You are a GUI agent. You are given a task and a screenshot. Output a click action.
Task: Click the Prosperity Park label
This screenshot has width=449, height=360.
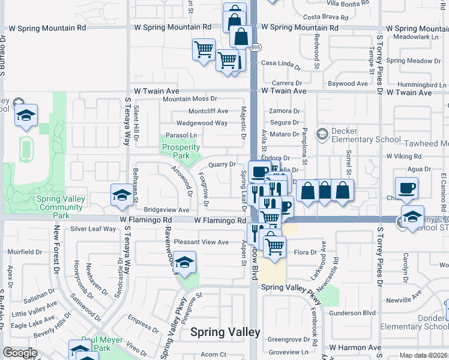click(x=181, y=151)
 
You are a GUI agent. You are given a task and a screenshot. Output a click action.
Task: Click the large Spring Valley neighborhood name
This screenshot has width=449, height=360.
click(x=225, y=332)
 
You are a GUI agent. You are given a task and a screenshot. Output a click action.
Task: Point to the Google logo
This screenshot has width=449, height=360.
click(x=20, y=353)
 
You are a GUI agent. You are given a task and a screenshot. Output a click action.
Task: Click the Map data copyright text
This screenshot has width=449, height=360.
click(x=424, y=355)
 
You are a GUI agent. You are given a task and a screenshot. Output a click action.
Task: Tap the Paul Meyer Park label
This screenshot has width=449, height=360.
click(x=96, y=343)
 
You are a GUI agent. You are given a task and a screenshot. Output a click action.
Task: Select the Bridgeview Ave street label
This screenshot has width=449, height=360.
click(x=166, y=211)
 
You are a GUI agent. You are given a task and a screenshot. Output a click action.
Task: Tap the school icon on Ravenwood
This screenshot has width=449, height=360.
click(x=185, y=262)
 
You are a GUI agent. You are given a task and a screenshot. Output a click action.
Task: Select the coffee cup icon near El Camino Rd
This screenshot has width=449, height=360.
click(x=406, y=187)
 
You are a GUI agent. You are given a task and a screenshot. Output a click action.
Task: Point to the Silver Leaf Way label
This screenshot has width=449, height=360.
click(x=93, y=229)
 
